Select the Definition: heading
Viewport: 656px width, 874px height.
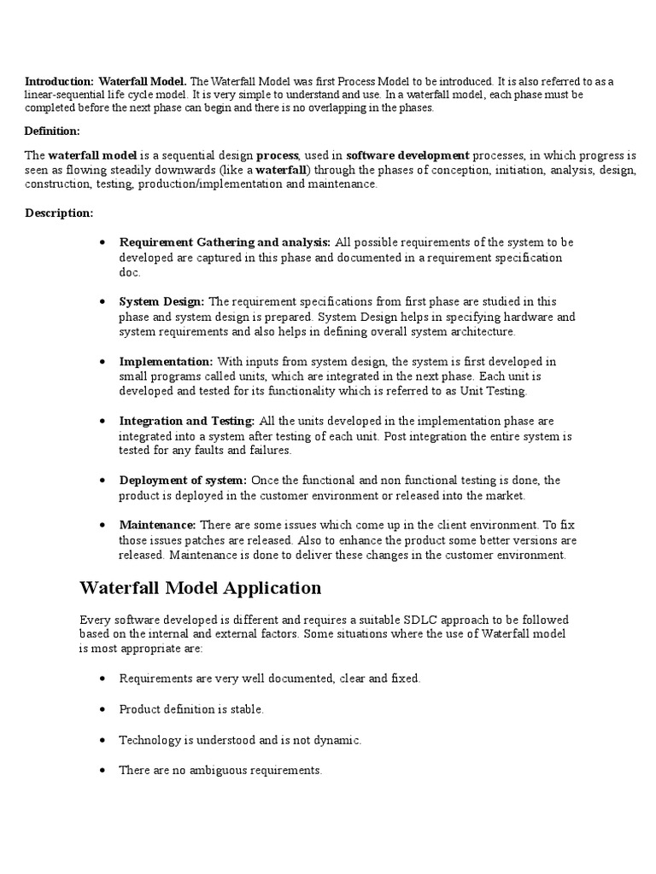click(52, 131)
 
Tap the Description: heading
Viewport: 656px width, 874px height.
click(59, 213)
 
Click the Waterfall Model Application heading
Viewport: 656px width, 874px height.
click(200, 588)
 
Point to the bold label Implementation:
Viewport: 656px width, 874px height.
click(166, 361)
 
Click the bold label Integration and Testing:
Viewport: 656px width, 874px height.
click(187, 421)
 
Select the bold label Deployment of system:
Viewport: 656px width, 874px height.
click(183, 481)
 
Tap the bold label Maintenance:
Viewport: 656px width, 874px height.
click(157, 525)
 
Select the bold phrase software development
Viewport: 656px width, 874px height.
click(407, 155)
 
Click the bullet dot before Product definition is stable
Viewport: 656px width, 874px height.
click(102, 709)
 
